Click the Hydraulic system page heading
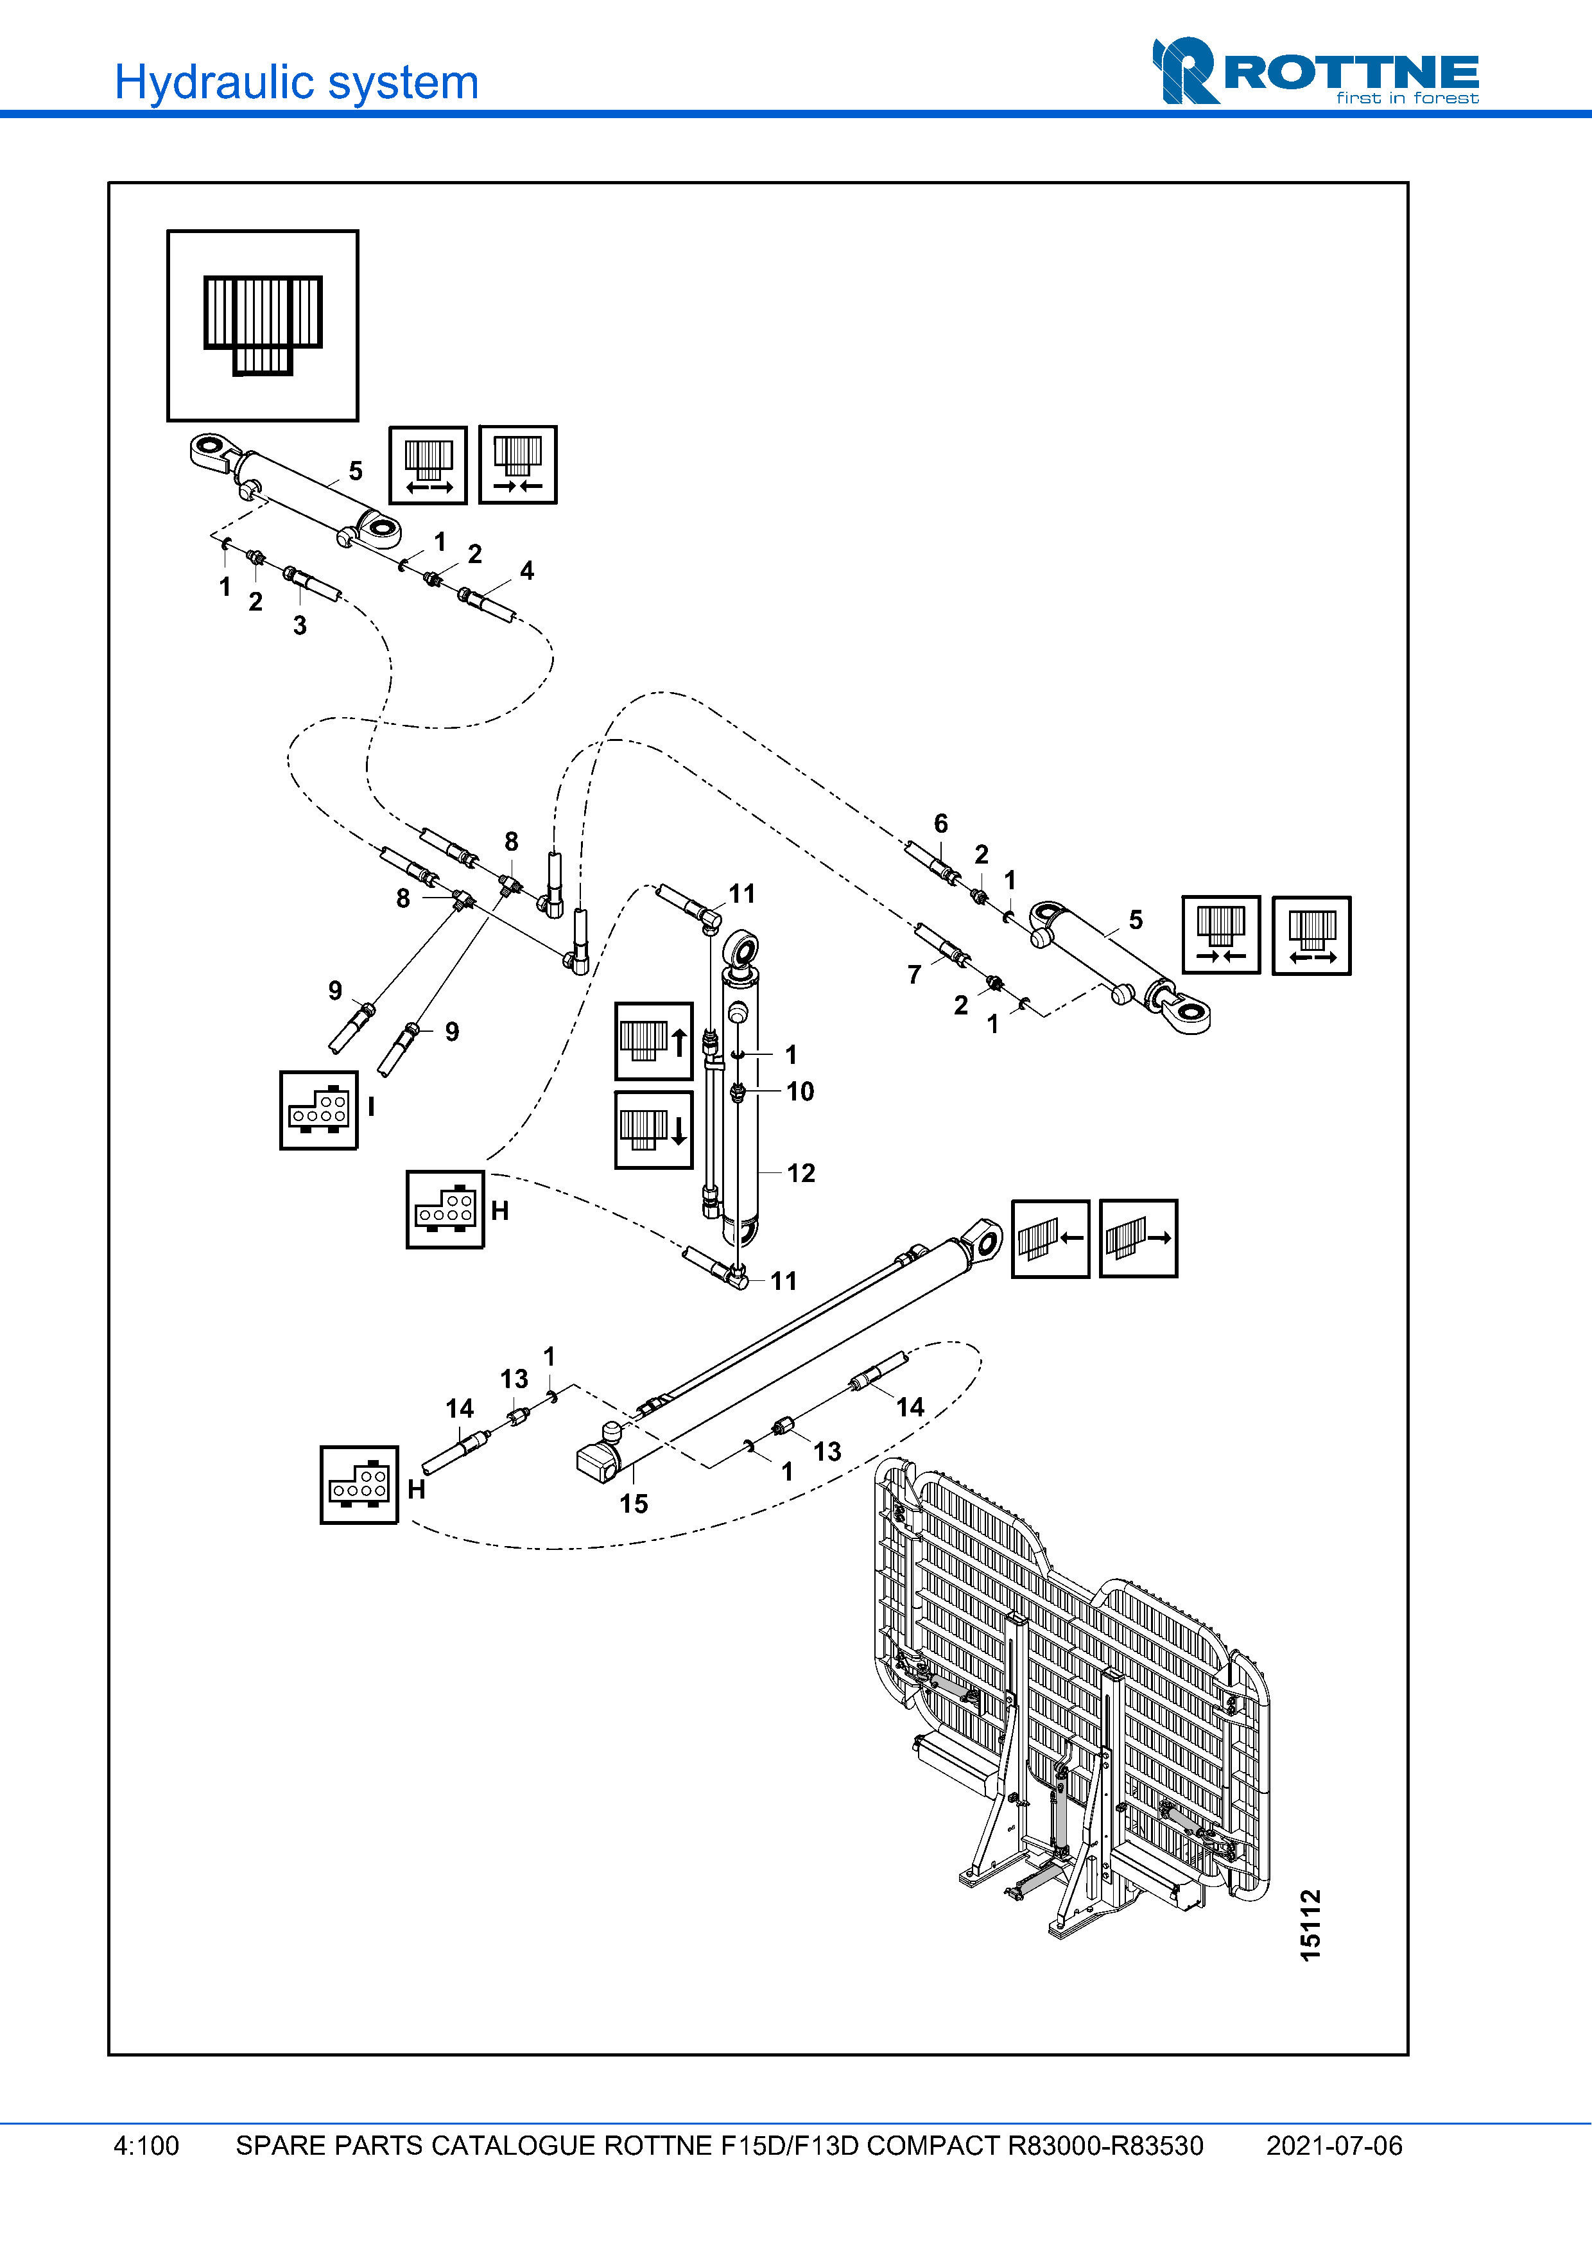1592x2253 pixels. (x=296, y=82)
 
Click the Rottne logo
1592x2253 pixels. (x=1315, y=72)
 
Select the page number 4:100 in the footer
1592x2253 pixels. (x=146, y=2145)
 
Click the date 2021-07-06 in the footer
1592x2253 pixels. (x=1333, y=2145)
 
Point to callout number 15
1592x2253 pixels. (x=634, y=1503)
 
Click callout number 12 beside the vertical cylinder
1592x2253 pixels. (x=800, y=1172)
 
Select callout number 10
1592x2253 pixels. (x=799, y=1091)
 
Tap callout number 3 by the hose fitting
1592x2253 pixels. (x=300, y=625)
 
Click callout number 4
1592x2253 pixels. (x=527, y=570)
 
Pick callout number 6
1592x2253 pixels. (x=940, y=823)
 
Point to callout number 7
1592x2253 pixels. (x=914, y=975)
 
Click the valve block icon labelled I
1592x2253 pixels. (x=319, y=1110)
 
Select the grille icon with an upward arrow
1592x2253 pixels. (x=653, y=1041)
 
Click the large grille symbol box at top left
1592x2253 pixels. (x=263, y=326)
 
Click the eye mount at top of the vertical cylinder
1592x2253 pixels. (x=741, y=950)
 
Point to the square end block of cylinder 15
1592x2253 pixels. (x=596, y=1462)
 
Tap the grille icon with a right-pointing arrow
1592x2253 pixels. (x=1138, y=1239)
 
